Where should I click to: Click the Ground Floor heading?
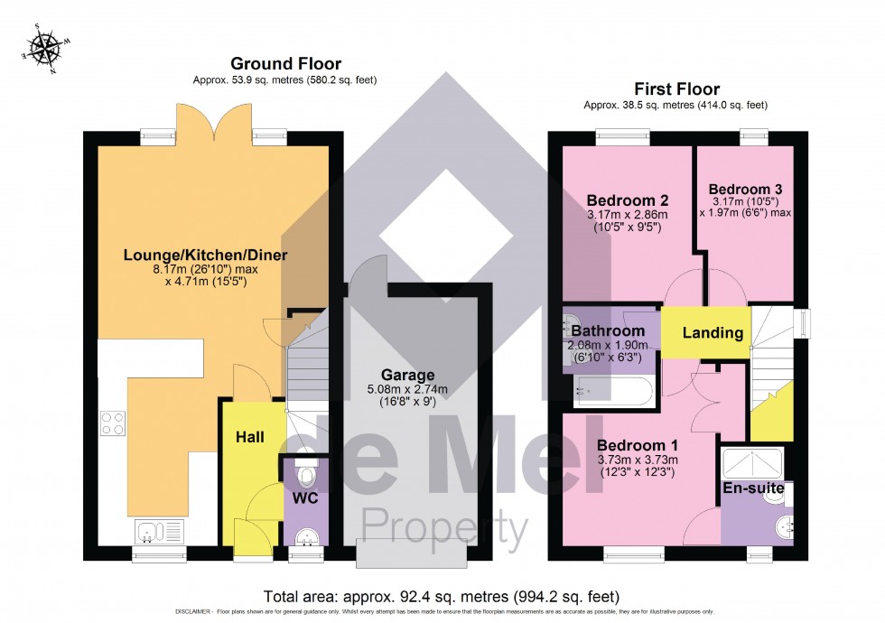click(285, 63)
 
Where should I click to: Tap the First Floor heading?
click(675, 88)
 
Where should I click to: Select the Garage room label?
click(406, 375)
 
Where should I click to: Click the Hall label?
click(250, 437)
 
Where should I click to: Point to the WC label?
click(305, 497)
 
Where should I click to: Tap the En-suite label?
click(753, 488)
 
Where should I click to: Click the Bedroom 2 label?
click(627, 200)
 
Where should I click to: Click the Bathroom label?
click(608, 331)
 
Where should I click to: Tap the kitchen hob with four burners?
click(112, 423)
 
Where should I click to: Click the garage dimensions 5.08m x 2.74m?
click(406, 389)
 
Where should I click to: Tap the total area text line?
click(442, 596)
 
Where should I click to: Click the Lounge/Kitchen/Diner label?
click(205, 256)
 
